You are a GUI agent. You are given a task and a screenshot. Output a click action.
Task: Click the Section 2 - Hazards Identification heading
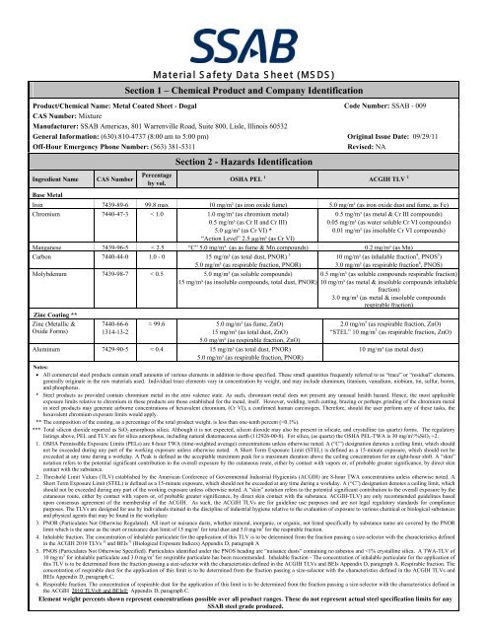click(x=243, y=160)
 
